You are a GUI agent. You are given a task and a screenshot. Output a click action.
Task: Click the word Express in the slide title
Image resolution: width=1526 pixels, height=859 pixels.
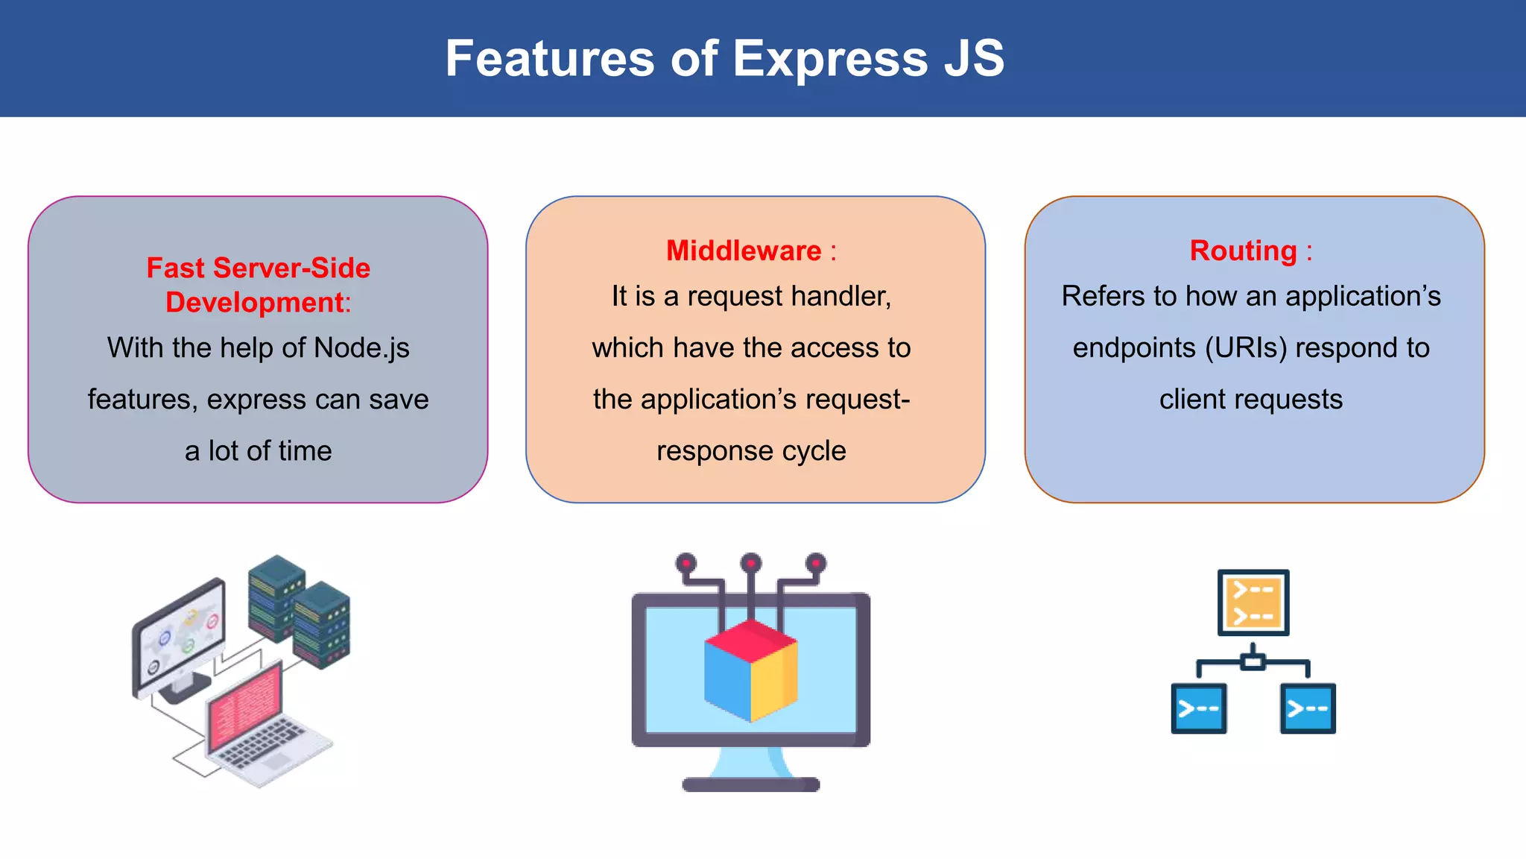(830, 60)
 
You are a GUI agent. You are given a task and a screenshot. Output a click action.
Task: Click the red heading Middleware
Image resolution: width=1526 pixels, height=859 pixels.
(743, 251)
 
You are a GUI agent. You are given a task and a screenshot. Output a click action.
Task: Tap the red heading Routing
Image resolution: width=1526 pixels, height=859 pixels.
(1243, 251)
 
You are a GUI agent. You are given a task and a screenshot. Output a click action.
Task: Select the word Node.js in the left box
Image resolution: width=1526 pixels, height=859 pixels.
(361, 348)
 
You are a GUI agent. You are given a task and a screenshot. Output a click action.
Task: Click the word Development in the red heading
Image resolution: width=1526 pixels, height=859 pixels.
(255, 303)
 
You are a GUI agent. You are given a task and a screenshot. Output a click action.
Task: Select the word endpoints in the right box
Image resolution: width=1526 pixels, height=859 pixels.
(1133, 348)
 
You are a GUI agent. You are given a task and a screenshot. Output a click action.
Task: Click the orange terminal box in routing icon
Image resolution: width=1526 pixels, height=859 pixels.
(1253, 602)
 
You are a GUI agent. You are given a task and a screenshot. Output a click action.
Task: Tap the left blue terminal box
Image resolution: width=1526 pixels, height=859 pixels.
(1198, 708)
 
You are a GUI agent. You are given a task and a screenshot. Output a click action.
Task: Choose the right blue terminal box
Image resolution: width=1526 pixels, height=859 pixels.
(1308, 708)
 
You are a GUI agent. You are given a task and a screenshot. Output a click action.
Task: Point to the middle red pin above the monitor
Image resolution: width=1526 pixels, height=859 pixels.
(750, 562)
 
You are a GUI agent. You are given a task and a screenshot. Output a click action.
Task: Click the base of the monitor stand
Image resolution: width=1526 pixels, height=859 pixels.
(750, 784)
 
